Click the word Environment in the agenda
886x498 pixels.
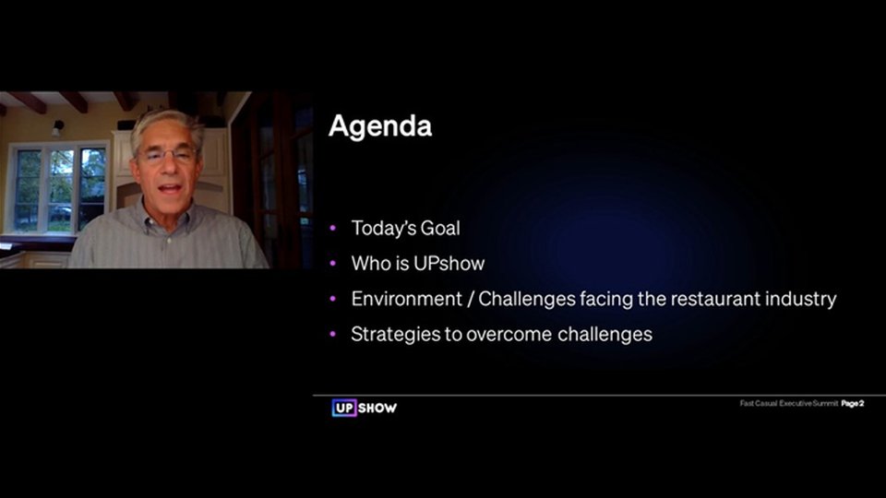(406, 299)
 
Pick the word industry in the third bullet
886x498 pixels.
(801, 299)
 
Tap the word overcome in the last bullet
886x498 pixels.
(509, 335)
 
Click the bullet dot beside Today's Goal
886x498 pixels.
(333, 228)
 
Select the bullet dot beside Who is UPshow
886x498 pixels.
(333, 263)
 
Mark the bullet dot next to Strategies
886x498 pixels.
(333, 334)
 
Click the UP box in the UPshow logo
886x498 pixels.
(344, 408)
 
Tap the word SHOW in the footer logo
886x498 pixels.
(377, 408)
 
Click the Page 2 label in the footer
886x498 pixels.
(853, 403)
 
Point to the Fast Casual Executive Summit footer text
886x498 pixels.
(789, 403)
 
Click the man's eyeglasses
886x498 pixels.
(167, 155)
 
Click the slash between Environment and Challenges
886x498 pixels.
(470, 299)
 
